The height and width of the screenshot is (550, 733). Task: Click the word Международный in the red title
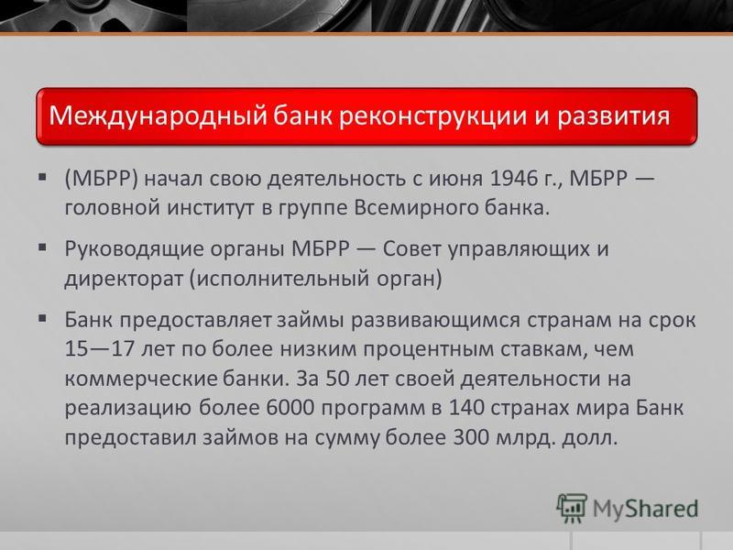[158, 116]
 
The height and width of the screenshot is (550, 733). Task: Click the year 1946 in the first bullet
[514, 179]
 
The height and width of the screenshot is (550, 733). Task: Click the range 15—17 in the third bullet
[100, 349]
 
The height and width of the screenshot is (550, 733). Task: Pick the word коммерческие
[141, 379]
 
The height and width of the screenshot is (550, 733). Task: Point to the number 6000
[290, 408]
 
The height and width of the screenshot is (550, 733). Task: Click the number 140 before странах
[466, 408]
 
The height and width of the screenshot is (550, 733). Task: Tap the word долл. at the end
[589, 438]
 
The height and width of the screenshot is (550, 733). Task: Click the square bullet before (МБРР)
[42, 177]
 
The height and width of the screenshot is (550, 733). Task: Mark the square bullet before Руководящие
[42, 247]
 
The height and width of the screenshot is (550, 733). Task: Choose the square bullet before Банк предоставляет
[42, 318]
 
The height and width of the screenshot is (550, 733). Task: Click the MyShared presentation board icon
[571, 508]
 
